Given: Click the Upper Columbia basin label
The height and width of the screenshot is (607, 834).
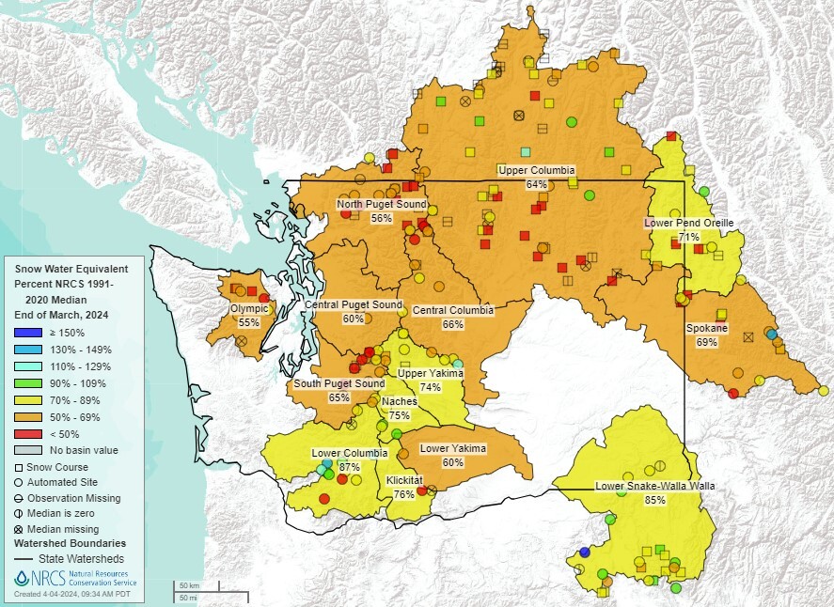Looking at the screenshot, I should coord(536,170).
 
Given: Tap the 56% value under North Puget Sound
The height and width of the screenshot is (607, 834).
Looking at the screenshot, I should coord(381,218).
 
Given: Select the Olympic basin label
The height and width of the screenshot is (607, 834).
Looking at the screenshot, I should coord(249,308).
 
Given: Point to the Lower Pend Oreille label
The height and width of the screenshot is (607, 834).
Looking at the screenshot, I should coord(688,223).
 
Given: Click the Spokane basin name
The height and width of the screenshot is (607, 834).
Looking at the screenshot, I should coord(707,328).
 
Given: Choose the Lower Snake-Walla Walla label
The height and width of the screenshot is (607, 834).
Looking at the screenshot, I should coord(655,486).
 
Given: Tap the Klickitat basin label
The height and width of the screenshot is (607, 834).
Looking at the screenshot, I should coord(405,480).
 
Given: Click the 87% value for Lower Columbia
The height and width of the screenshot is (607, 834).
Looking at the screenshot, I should coord(350,467).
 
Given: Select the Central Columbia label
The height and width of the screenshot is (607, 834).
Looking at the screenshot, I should coord(452,310).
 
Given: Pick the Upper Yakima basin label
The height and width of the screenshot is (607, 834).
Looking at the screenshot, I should coord(431,373).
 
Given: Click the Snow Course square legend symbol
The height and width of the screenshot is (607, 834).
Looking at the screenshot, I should coord(19,467).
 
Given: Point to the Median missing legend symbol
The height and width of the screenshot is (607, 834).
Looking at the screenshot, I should coord(19,528).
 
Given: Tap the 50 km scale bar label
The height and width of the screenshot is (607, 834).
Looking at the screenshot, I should coord(188,585).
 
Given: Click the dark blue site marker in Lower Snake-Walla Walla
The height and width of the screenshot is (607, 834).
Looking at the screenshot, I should coord(585,552).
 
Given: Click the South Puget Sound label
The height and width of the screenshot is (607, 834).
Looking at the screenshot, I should coord(339,383).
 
